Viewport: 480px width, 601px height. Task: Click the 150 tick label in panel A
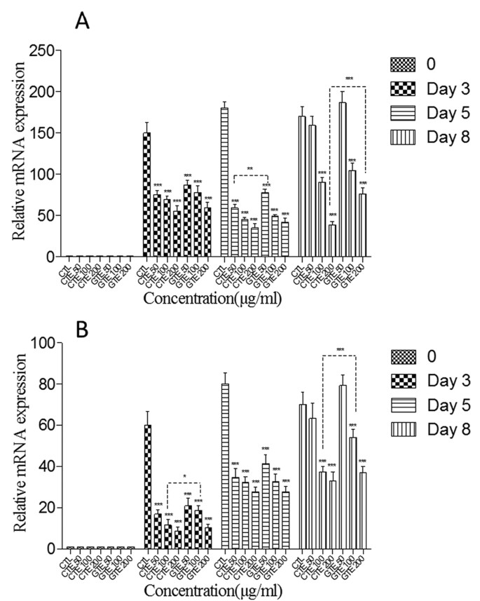[40, 133]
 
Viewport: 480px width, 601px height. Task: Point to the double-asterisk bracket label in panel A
[249, 168]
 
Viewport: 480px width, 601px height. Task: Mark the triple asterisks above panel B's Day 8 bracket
[340, 350]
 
